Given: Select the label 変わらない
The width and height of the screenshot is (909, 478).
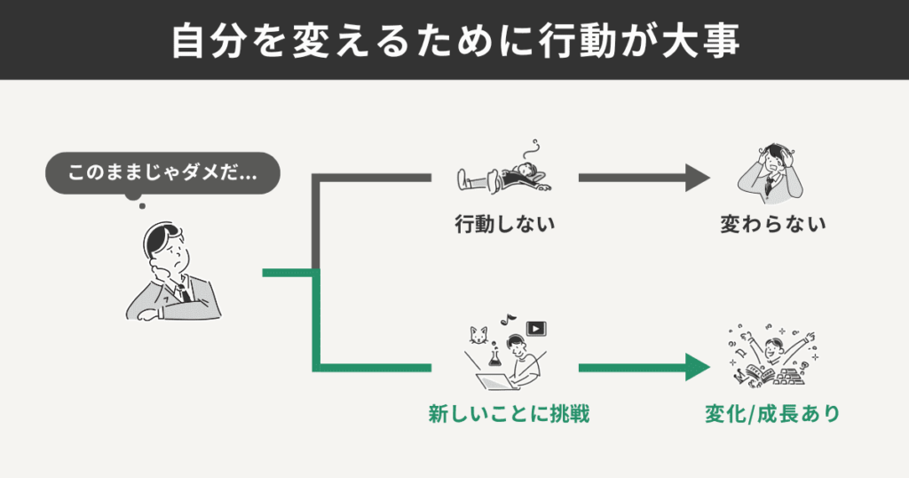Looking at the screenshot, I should click(x=772, y=224).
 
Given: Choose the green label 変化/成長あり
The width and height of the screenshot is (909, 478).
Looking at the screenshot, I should click(x=772, y=413).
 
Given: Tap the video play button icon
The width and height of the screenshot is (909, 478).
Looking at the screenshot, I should click(x=535, y=329).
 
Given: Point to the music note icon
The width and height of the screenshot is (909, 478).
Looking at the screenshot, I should click(x=509, y=316).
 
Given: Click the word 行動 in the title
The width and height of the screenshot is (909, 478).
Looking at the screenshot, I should click(x=570, y=41).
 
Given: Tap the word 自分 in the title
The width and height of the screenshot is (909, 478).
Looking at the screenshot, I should click(x=200, y=41).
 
